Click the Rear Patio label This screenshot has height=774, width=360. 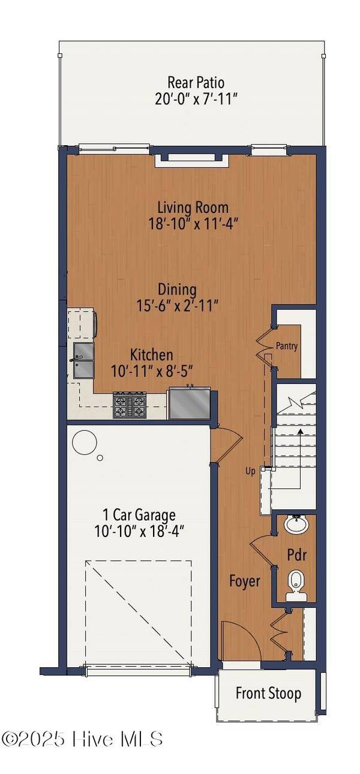pos(196,82)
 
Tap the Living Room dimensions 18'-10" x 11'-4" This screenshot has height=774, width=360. pos(193,223)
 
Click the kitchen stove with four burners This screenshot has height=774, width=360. pos(130,405)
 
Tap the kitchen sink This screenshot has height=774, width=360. pos(83,361)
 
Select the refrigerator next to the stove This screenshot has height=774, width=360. pos(189,403)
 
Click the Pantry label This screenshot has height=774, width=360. pos(287,346)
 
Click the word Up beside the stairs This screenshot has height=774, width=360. pos(251,471)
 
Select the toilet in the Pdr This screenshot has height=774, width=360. pos(296,583)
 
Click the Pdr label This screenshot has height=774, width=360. pos(296,555)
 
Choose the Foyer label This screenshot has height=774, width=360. pos(245,581)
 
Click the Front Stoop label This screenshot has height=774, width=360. pos(268,694)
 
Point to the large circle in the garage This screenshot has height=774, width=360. pos(84,443)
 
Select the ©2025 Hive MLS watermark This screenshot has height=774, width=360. pos(82,739)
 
